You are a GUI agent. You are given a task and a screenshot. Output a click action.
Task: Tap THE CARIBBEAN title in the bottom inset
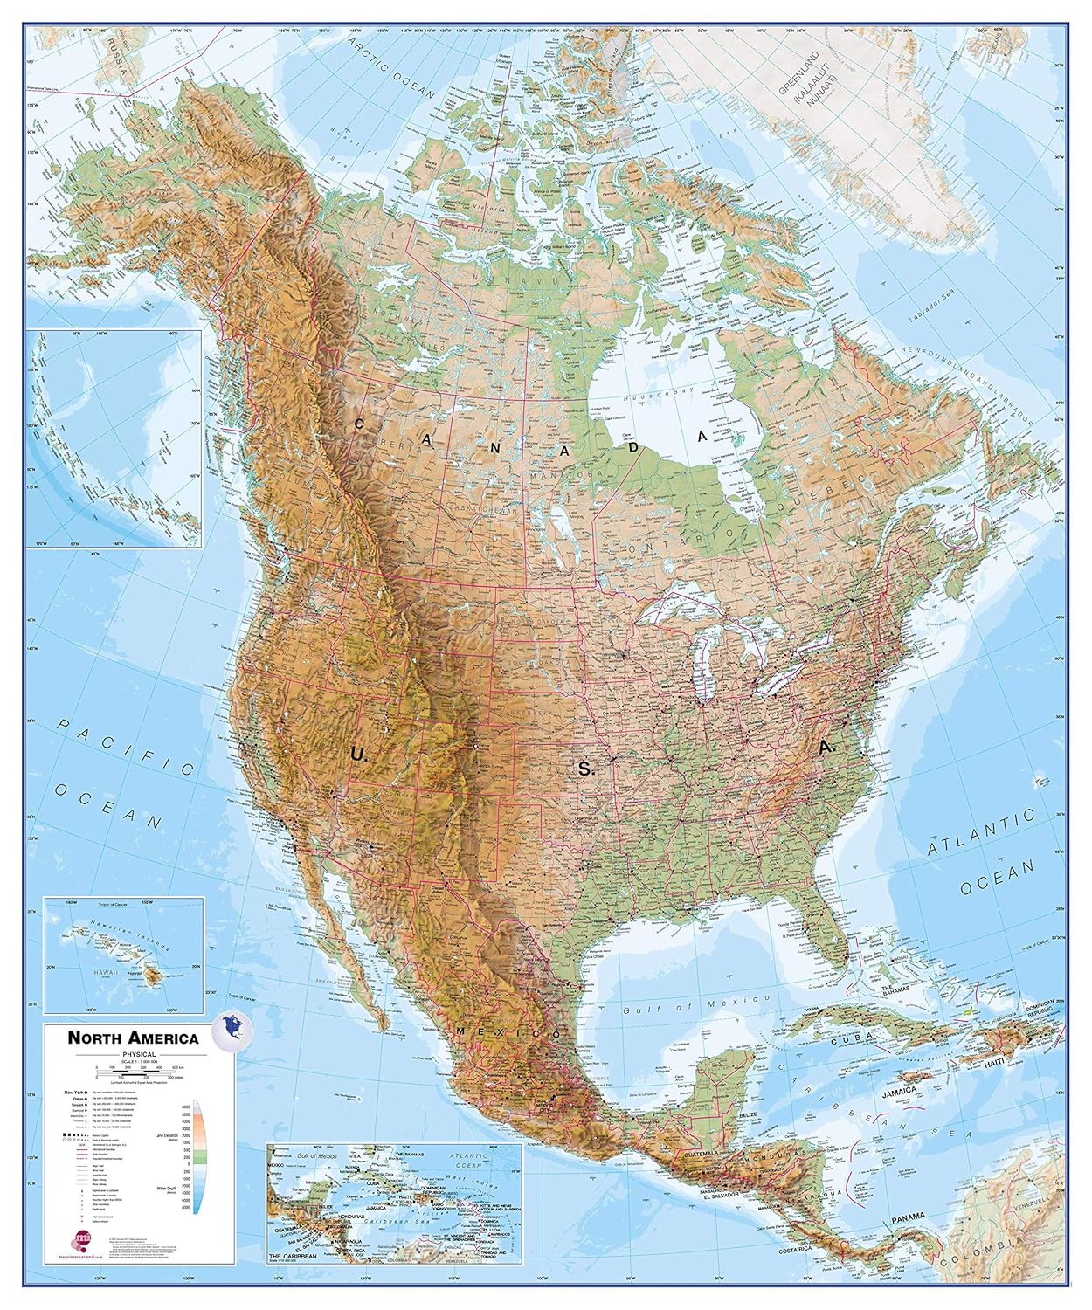point(291,1254)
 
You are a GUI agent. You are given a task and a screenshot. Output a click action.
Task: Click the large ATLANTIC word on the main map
point(980,832)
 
